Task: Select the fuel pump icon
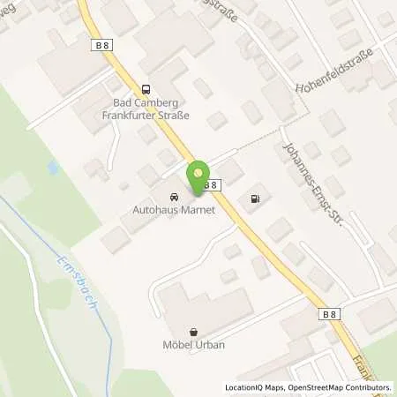(x=256, y=198)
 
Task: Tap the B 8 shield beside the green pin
(x=211, y=185)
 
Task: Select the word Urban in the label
(x=211, y=344)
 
